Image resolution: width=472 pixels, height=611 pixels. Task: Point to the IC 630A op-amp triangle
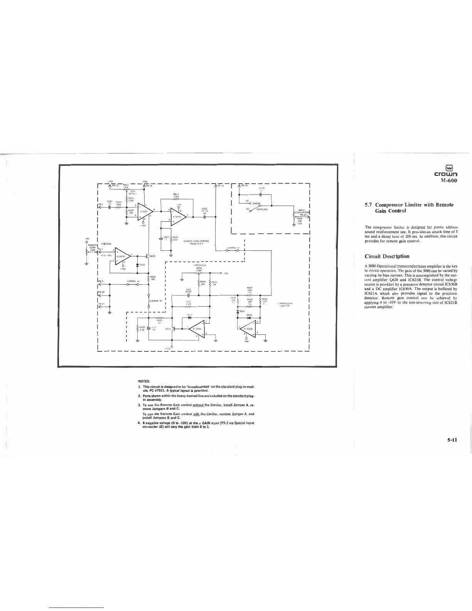pos(196,329)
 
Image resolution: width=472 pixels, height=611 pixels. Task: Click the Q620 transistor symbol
pos(147,256)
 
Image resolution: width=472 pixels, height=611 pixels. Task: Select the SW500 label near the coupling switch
pos(257,203)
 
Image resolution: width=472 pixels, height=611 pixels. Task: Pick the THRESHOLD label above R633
pos(199,265)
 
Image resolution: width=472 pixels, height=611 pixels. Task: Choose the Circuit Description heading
pos(387,256)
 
